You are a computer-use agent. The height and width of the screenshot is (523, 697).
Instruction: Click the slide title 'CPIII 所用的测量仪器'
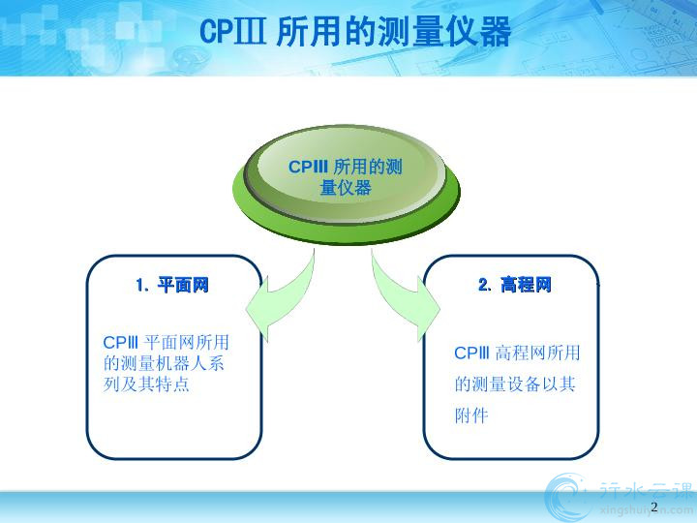[x=355, y=31]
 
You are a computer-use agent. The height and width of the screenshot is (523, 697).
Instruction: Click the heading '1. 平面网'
[x=172, y=285]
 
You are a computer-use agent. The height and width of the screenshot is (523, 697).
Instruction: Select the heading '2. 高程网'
[x=515, y=284]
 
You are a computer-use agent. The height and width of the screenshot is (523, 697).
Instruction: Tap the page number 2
[x=653, y=507]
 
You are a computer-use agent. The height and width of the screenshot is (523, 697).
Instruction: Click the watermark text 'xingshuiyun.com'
[x=646, y=510]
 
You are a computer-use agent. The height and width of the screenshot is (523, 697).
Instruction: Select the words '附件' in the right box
[x=471, y=415]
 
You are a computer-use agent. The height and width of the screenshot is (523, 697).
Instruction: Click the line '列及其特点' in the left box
[x=147, y=384]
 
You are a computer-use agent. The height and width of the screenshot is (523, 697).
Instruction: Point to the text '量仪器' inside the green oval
[x=346, y=188]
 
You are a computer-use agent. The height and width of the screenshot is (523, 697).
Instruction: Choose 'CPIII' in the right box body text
[x=472, y=354]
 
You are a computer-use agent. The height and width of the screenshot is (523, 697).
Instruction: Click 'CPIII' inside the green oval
[x=308, y=168]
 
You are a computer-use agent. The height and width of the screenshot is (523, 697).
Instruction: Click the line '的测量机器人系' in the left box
[x=164, y=363]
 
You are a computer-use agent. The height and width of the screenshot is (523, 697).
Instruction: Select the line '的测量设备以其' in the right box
[x=515, y=384]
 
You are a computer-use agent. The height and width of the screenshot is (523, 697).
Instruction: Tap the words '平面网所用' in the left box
[x=186, y=343]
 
